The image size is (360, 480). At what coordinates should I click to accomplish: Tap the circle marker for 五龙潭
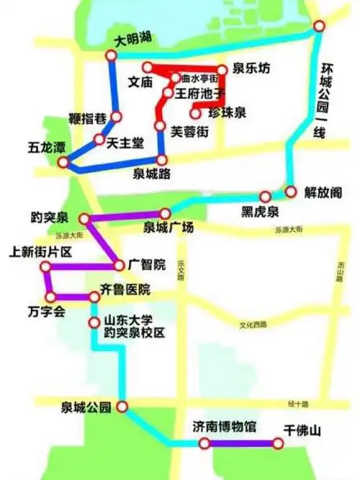63,162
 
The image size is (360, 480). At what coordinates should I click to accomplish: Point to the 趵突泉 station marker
84,217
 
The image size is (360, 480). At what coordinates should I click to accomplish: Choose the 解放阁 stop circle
291,192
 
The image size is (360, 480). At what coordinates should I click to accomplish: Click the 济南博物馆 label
225,427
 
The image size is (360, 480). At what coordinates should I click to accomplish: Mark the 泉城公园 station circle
122,407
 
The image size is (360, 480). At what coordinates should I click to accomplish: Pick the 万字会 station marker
50,296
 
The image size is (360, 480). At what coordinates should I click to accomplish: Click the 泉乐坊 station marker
222,71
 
